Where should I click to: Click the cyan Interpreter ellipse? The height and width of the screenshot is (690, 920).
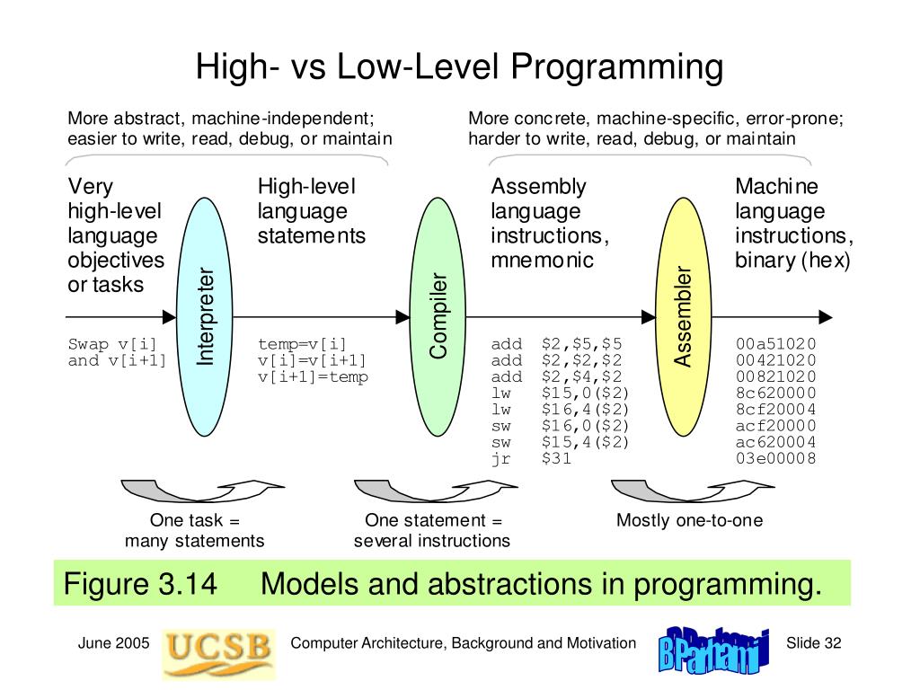tap(206, 316)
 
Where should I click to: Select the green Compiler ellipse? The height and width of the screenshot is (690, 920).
tap(438, 316)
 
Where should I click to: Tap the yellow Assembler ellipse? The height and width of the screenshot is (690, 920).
tap(685, 316)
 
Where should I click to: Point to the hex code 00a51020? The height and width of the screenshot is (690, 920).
tap(775, 344)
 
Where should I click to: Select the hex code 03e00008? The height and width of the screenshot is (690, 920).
tap(775, 458)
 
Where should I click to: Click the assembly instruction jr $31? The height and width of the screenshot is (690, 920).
tap(531, 458)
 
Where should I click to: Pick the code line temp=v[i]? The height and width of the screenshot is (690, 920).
tap(302, 344)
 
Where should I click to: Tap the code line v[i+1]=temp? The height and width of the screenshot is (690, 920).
tap(313, 377)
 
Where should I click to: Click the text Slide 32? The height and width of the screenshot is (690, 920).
tap(814, 642)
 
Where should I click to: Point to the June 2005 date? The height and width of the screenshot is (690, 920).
tap(113, 642)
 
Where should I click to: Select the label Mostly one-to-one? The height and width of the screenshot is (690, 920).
tap(689, 521)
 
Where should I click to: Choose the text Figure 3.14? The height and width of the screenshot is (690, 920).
tap(140, 584)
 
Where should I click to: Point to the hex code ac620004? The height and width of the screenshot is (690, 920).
tap(775, 442)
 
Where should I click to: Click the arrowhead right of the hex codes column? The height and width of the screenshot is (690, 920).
tap(825, 316)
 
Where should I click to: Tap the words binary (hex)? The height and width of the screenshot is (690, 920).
tap(792, 261)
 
